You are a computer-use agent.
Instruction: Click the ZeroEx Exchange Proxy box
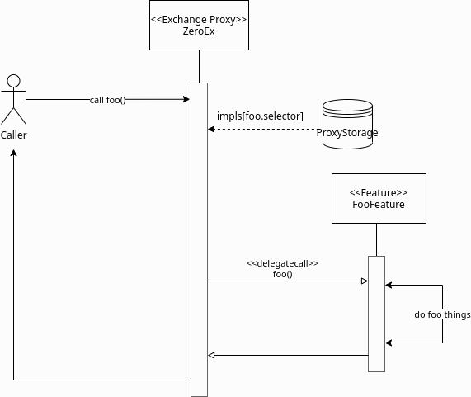pos(199,25)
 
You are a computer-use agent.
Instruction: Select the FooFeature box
pos(379,198)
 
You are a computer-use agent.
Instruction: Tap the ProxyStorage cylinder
pos(347,124)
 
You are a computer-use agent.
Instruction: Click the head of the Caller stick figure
pos(13,81)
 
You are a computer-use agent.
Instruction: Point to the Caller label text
pos(13,135)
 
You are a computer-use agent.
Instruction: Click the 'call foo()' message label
pos(107,100)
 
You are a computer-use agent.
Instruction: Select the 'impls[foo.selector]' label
pos(260,116)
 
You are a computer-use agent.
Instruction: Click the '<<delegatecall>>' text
pos(282,263)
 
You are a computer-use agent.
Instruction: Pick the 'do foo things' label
pos(442,314)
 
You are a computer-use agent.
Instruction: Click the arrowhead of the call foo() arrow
pos(186,99)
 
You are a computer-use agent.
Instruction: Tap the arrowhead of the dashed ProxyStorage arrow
pos(211,130)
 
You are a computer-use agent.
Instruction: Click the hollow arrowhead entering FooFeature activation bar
pos(365,281)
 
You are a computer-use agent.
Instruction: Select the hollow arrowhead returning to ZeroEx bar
pos(211,355)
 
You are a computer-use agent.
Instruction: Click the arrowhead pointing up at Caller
pos(13,153)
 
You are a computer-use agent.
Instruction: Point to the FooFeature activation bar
pos(376,314)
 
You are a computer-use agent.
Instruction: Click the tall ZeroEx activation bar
pos(199,239)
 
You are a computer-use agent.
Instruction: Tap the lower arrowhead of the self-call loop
pos(389,343)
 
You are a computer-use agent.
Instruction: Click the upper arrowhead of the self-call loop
pos(389,285)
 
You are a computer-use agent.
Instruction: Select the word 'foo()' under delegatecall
pos(283,274)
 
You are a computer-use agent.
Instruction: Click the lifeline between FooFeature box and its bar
pos(376,240)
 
